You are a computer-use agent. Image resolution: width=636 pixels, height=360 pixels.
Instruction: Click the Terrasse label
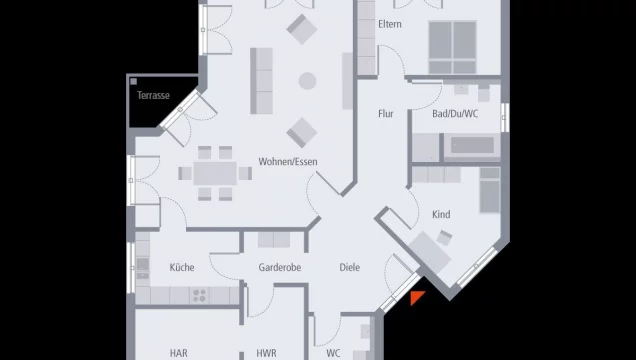coord(153,96)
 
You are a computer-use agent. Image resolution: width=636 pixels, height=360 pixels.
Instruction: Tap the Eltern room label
coord(390,24)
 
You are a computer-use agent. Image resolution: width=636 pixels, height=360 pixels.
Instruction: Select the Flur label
coord(385,114)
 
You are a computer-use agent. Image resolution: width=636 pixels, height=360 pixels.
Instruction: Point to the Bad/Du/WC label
coord(455,114)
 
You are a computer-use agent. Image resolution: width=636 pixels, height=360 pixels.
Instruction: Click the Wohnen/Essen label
coord(289,162)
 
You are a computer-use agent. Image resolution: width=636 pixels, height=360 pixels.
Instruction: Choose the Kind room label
coord(441,215)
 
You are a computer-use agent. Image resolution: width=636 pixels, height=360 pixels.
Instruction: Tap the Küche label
coord(182,267)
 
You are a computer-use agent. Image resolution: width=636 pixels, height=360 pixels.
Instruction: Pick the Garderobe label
coord(280,267)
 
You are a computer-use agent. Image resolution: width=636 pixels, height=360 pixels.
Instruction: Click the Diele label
coord(349,267)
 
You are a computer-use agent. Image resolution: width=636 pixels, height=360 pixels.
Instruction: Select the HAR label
coord(178,353)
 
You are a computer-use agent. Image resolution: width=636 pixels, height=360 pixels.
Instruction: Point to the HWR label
coord(266,353)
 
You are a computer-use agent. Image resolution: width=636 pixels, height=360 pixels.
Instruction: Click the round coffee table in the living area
coord(307,81)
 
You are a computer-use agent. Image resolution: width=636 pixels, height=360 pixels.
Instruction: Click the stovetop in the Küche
coord(198,295)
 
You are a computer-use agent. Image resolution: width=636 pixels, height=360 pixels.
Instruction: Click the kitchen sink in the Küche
coord(142,268)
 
